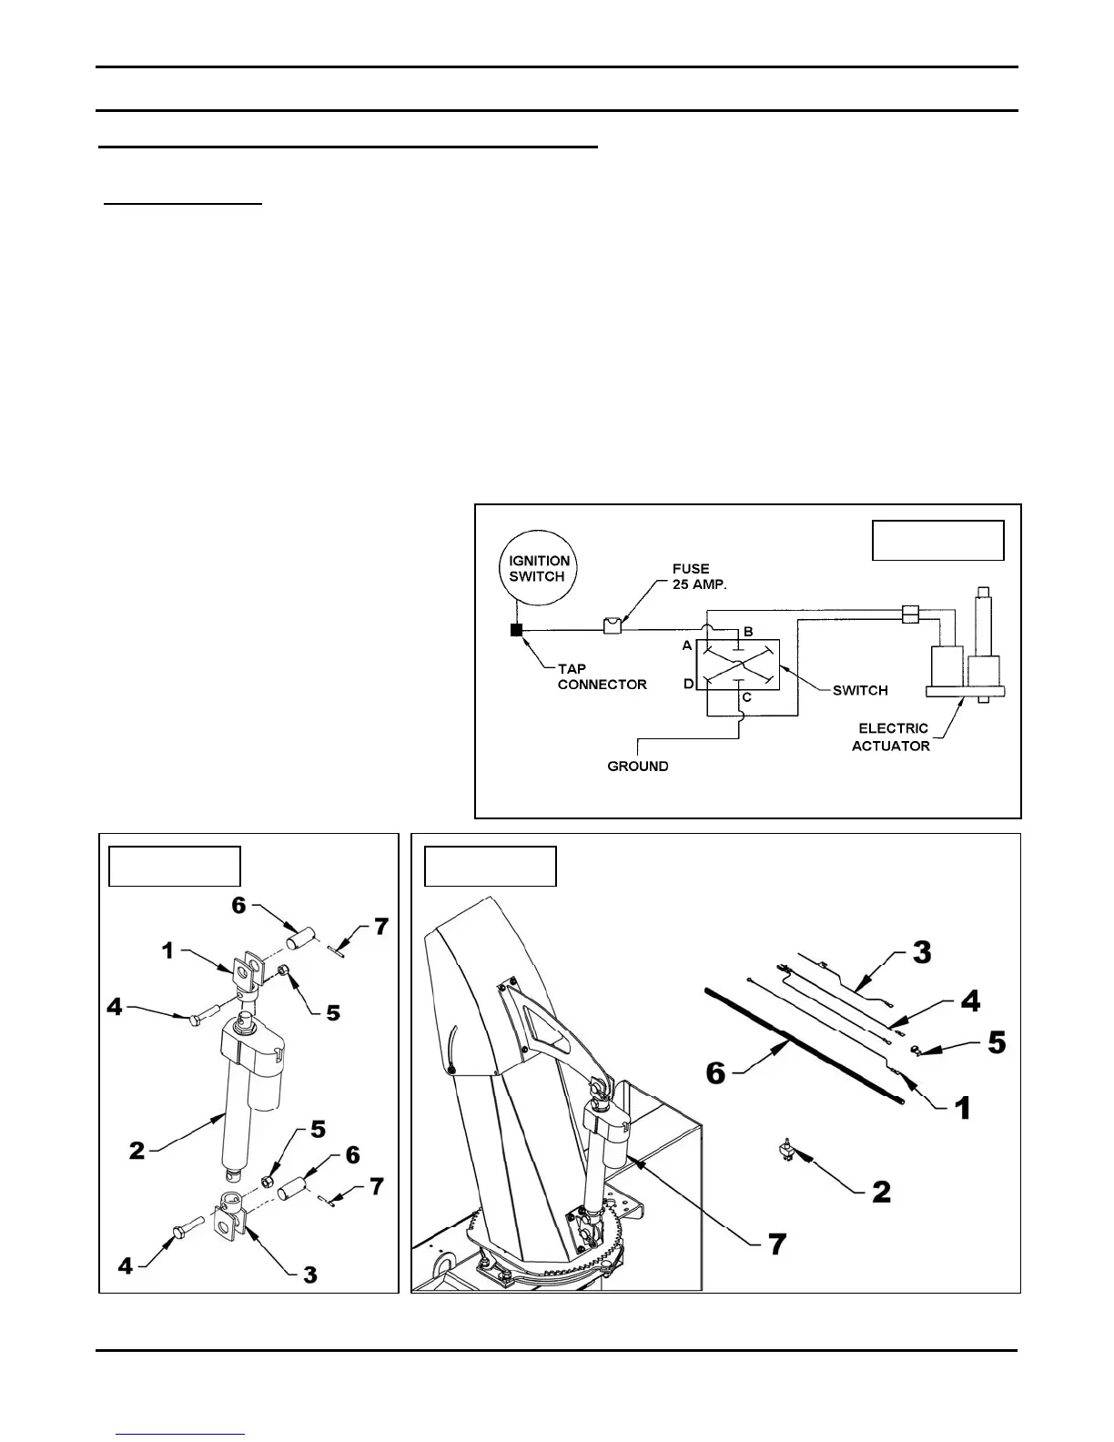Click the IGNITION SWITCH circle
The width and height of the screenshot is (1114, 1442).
pyautogui.click(x=537, y=569)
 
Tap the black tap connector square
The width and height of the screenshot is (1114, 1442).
pyautogui.click(x=517, y=629)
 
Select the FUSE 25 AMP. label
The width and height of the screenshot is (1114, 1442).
pyautogui.click(x=693, y=576)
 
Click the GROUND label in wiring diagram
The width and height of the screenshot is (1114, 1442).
pyautogui.click(x=637, y=767)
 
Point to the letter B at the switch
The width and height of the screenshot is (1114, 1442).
pyautogui.click(x=748, y=632)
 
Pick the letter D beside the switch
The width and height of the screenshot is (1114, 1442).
pyautogui.click(x=688, y=683)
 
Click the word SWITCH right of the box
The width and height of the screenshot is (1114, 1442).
pyautogui.click(x=859, y=690)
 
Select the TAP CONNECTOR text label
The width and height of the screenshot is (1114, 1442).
pyautogui.click(x=602, y=676)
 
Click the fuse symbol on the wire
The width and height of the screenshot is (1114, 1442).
pyautogui.click(x=613, y=625)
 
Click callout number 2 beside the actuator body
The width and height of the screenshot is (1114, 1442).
pyautogui.click(x=137, y=1151)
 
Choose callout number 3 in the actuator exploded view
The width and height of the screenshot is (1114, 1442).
pyautogui.click(x=309, y=1274)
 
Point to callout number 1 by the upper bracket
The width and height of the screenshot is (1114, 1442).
pyautogui.click(x=167, y=950)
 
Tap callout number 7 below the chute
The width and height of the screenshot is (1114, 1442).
pyautogui.click(x=776, y=1244)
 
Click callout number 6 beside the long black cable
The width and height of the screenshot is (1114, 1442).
pyautogui.click(x=716, y=1072)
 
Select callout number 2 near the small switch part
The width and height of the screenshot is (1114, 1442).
pyautogui.click(x=881, y=1191)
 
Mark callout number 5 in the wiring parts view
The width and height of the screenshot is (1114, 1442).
pyautogui.click(x=997, y=1042)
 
